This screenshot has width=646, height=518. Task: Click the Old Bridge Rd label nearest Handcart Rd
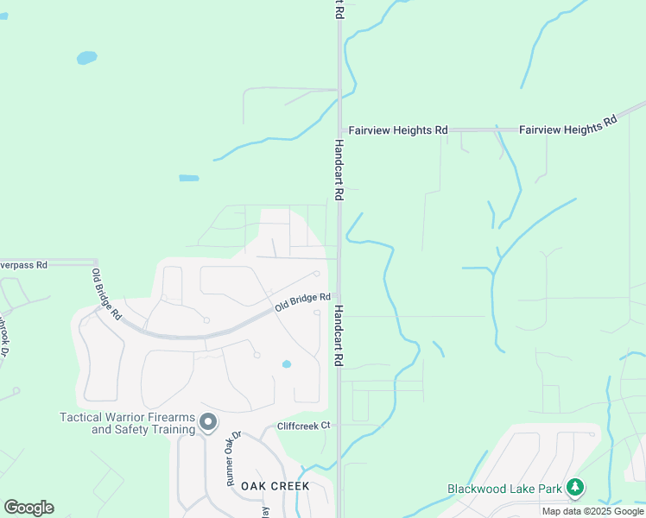click(302, 303)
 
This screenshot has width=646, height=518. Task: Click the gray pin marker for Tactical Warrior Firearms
click(207, 422)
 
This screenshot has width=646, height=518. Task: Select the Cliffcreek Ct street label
click(304, 426)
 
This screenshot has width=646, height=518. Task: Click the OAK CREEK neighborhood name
click(275, 487)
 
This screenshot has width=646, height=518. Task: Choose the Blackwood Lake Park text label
click(504, 489)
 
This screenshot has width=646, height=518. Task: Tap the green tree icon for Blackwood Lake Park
click(575, 488)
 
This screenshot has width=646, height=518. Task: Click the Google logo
click(28, 508)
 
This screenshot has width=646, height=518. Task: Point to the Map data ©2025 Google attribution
click(592, 511)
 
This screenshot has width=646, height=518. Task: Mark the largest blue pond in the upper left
click(86, 58)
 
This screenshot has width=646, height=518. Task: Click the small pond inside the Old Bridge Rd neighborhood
click(287, 364)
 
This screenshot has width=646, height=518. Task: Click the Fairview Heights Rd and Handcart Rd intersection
click(339, 129)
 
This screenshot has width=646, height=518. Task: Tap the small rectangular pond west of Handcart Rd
click(188, 179)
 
